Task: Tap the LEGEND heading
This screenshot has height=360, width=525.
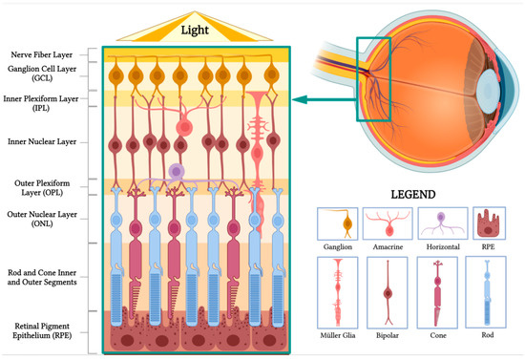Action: pos(411,194)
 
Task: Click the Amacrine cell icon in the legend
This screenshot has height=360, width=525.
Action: pos(386,222)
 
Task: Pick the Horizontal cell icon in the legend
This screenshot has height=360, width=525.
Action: pos(438,221)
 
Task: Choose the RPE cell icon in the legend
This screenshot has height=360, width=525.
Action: pos(486,222)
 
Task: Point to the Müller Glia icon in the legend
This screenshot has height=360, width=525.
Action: pos(337,290)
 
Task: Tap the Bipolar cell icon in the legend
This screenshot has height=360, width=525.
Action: pos(388,290)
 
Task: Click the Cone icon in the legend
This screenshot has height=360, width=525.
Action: pos(438,290)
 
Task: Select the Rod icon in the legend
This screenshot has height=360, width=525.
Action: pos(487,290)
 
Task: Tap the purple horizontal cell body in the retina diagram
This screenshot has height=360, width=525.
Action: pos(175,170)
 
